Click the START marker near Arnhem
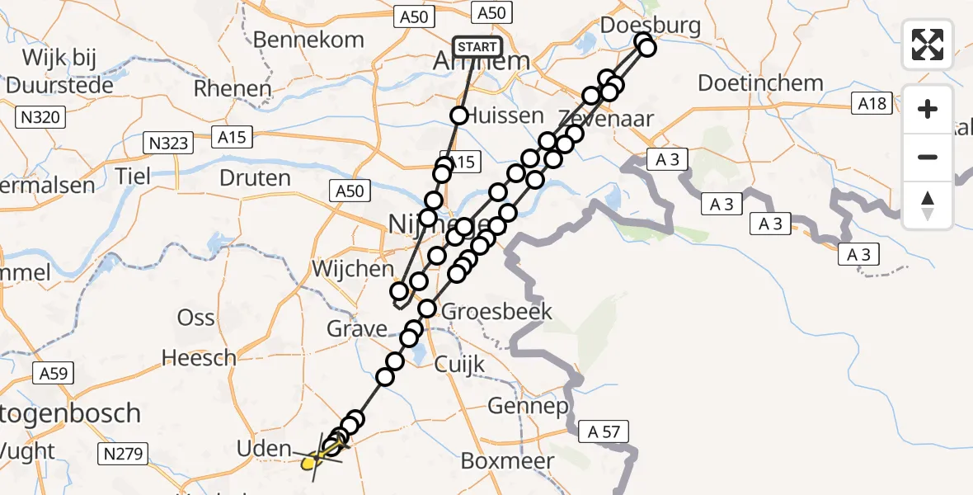coord(477,46)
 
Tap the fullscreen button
coord(928,45)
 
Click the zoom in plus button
coord(928,109)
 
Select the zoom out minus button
coord(928,157)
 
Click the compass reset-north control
coord(928,205)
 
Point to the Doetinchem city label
coord(760,83)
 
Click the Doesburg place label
coord(651,26)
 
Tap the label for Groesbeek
coord(496,312)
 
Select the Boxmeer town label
coord(507,460)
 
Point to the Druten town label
coord(255,178)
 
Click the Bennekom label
coord(308,40)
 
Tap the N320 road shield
coord(39,118)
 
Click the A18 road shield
coord(872,103)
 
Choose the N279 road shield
coord(125,453)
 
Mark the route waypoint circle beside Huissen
coord(459,115)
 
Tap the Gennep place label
coord(528,406)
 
